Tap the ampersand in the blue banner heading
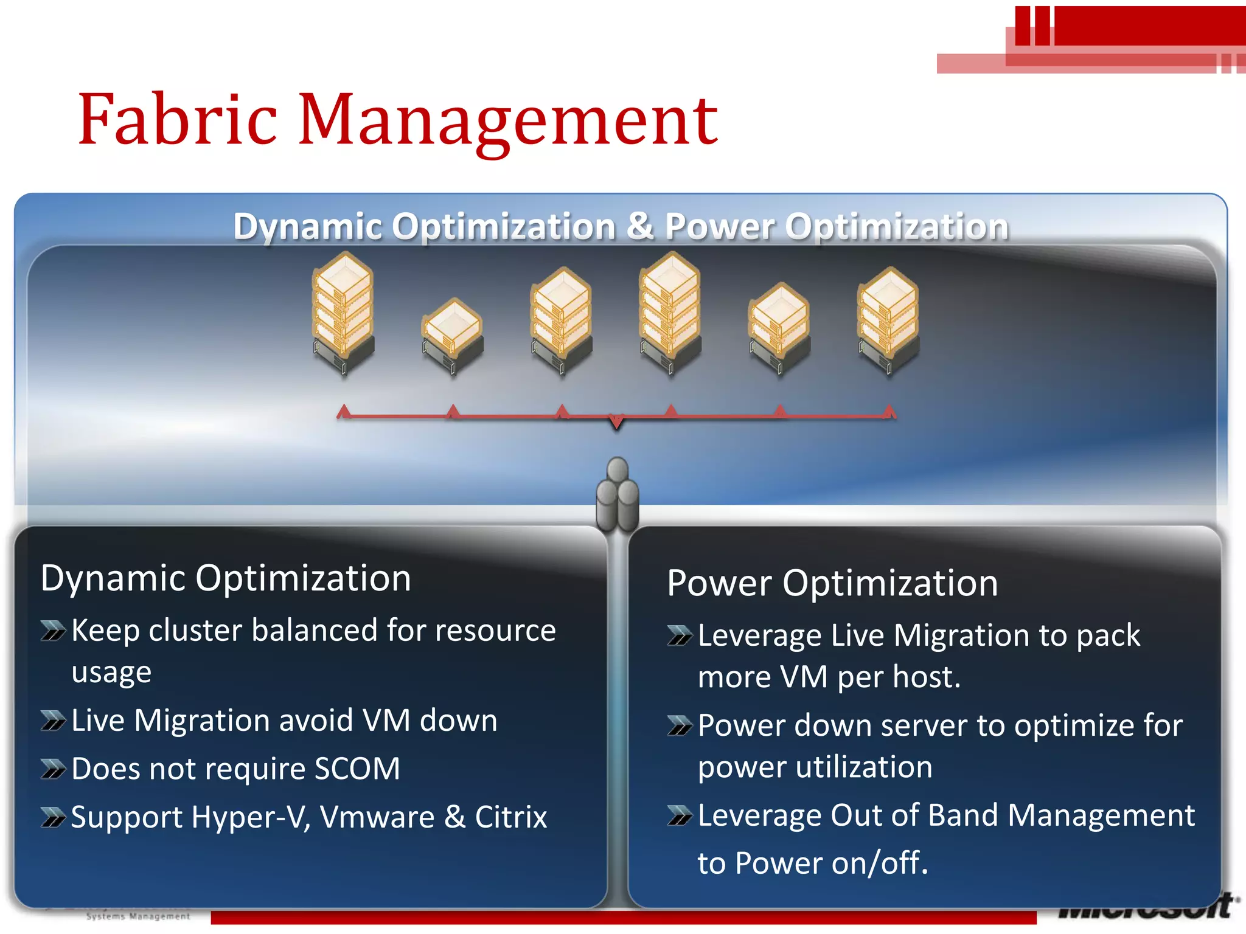640,226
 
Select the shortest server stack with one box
453,334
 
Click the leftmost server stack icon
343,313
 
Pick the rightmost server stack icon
888,319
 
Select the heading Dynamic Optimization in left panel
226,578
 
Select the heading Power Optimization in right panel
832,583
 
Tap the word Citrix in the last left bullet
510,817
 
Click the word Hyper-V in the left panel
251,817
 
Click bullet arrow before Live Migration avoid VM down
53,722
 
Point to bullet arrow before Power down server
680,725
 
